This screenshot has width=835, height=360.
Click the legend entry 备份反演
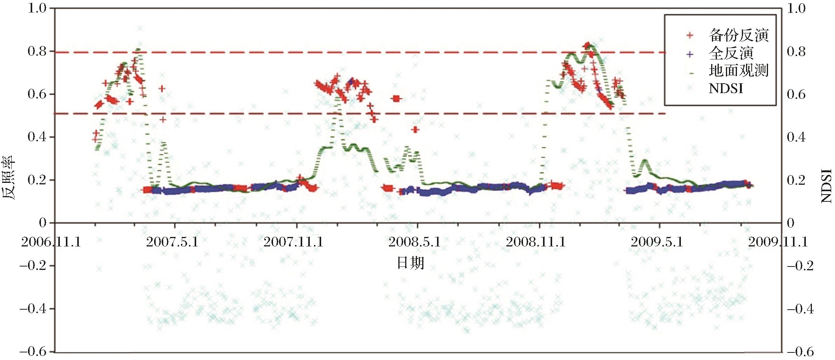(738, 35)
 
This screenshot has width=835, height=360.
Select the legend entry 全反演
(731, 53)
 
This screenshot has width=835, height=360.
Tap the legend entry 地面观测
(738, 71)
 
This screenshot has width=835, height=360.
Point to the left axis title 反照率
(9, 178)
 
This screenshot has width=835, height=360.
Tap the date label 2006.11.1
(51, 242)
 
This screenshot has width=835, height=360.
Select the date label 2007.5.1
(172, 242)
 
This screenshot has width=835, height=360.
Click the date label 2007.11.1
(293, 242)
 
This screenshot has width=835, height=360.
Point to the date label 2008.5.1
(415, 242)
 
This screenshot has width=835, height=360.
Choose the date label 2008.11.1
(536, 242)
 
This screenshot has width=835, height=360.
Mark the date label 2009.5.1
(657, 242)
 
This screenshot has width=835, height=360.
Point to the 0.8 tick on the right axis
(796, 51)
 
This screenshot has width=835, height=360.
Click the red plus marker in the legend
(690, 35)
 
